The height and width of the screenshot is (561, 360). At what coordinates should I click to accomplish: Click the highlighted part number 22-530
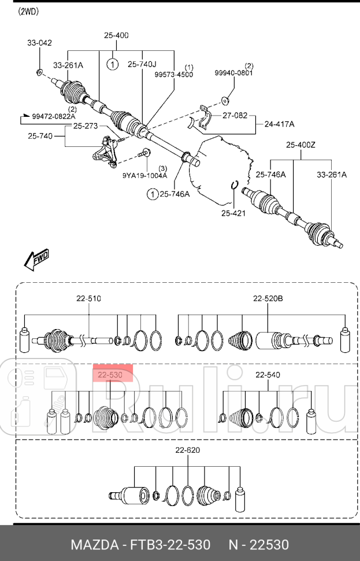tap(110, 375)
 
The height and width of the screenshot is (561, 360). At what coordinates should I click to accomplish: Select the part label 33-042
tap(39, 43)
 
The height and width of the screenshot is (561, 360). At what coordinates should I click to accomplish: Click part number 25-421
tap(233, 213)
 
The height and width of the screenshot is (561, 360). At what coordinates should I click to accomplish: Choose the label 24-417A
tap(280, 124)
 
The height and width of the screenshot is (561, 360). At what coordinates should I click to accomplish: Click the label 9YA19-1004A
tap(144, 175)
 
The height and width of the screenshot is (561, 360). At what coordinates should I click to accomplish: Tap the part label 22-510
tap(88, 299)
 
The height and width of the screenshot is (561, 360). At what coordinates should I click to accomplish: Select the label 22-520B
tap(268, 299)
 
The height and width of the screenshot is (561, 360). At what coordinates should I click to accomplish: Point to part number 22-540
tap(268, 375)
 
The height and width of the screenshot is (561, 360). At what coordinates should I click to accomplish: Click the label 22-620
tap(188, 450)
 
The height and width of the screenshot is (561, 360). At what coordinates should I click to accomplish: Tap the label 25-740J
tap(142, 65)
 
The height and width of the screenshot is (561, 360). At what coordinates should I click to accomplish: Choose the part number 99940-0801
tap(234, 73)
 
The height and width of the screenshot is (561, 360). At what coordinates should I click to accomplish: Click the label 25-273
tap(86, 126)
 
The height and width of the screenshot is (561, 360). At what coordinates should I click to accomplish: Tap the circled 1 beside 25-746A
tap(152, 194)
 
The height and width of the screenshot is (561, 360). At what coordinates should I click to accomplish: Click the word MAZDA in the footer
tap(91, 545)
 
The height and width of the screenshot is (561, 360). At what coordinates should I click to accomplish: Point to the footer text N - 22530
tap(258, 545)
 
